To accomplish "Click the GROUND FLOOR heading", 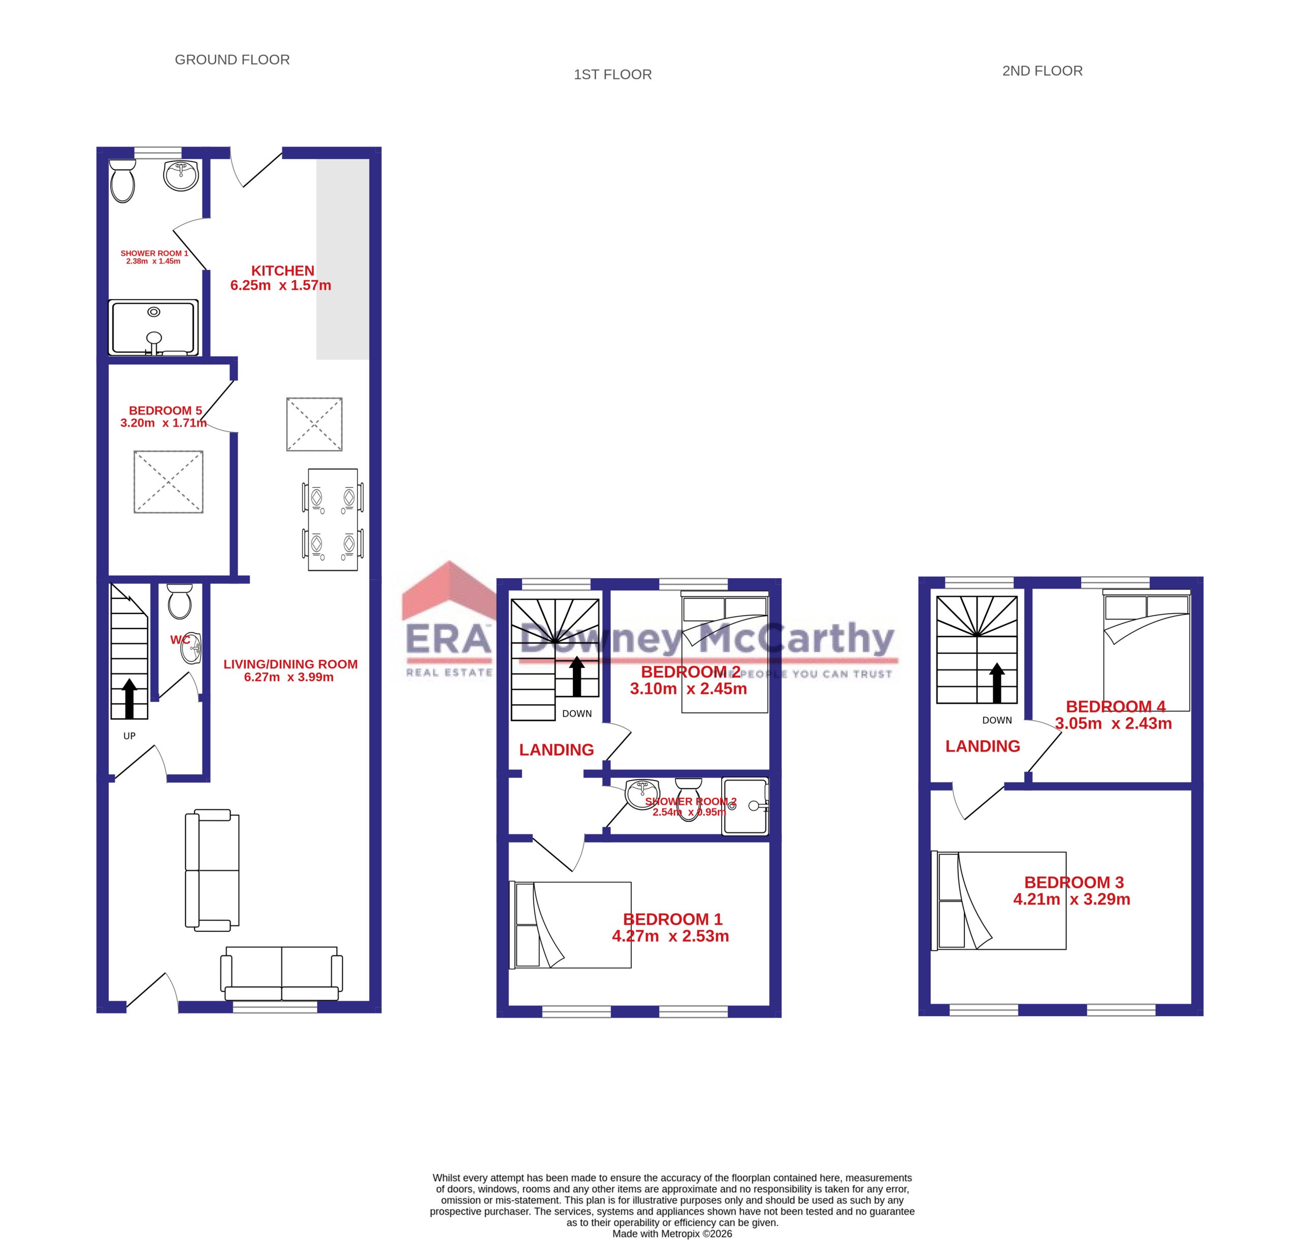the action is [x=232, y=59].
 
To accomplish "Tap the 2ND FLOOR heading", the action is [x=1042, y=71].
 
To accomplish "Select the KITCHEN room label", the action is [x=282, y=271].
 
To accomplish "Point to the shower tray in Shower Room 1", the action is [x=153, y=328].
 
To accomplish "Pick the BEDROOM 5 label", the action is [x=166, y=411].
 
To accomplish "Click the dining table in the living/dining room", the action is [x=333, y=520].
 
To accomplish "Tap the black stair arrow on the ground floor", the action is [x=129, y=698].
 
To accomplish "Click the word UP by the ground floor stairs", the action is [x=129, y=735].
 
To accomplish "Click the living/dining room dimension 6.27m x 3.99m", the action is [x=289, y=677].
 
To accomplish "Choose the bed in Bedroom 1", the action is [x=570, y=925].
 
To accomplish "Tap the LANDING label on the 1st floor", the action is [x=556, y=750].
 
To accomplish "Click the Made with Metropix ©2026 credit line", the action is [x=672, y=1233].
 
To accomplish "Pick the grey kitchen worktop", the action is [x=343, y=259].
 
